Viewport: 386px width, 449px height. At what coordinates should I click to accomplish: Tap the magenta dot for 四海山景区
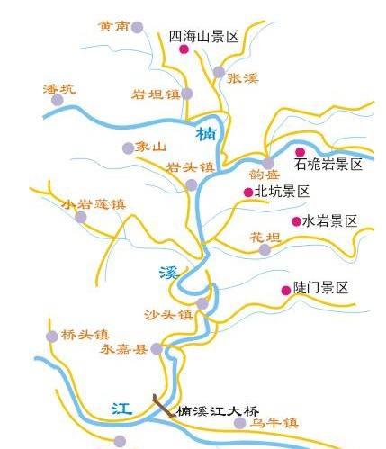(x=184, y=50)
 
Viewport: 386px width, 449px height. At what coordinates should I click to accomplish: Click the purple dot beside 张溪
(x=219, y=72)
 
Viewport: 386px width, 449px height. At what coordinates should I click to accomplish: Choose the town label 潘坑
(x=59, y=89)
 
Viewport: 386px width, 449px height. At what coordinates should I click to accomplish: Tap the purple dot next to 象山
(x=128, y=148)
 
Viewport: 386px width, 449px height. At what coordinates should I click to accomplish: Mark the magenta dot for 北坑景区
(x=247, y=192)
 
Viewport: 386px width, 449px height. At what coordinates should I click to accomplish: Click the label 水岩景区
(x=329, y=220)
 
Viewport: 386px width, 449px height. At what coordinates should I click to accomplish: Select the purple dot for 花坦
(x=265, y=249)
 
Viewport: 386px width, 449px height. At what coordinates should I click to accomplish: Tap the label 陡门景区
(x=319, y=288)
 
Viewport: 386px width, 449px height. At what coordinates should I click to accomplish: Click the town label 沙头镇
(x=168, y=315)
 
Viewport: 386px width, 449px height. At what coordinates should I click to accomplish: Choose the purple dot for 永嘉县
(x=156, y=349)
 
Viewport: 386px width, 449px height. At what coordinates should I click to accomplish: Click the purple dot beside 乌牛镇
(x=239, y=423)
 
